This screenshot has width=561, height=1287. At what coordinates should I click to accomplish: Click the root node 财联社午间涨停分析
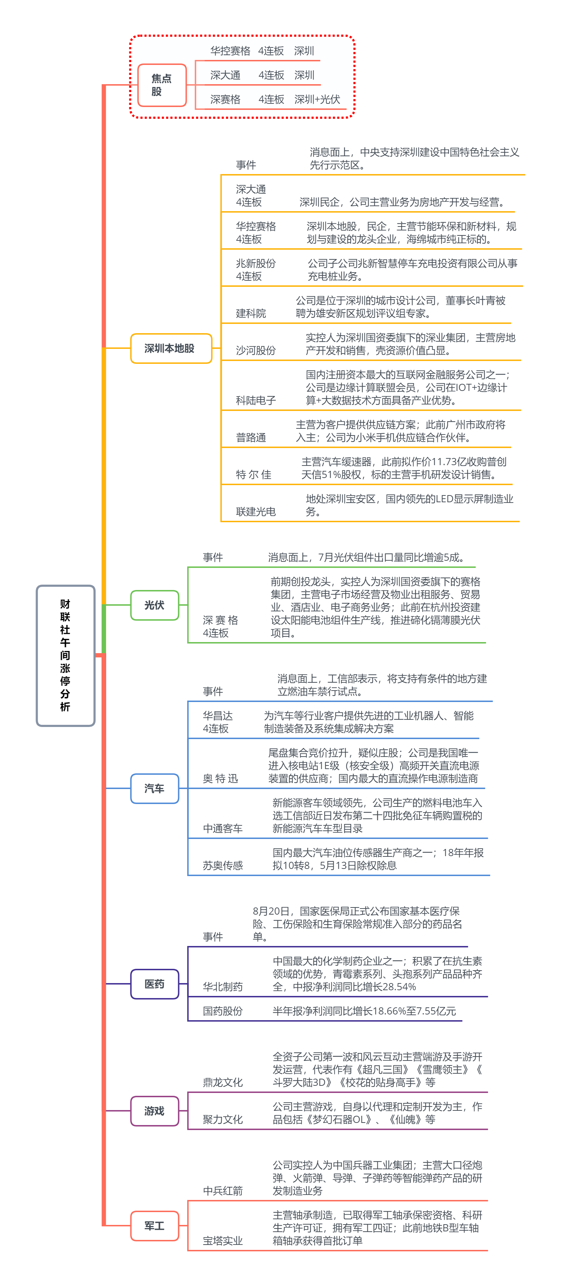point(65,655)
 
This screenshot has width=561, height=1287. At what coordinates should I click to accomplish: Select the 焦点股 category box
point(162,85)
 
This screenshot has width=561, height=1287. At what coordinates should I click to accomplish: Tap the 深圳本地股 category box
point(171,348)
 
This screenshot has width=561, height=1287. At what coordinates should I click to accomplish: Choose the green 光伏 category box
point(155,605)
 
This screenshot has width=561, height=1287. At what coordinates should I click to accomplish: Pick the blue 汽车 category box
point(155,788)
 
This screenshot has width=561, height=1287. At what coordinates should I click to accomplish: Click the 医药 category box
point(155,984)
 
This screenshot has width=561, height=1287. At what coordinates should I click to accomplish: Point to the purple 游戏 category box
point(155,1111)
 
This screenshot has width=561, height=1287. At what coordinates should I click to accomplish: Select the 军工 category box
point(155,1226)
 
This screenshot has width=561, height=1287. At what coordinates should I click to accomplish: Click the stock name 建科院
point(251,313)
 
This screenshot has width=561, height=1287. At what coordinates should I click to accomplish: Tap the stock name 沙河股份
point(256,350)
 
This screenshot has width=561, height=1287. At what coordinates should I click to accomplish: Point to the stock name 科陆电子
point(256,400)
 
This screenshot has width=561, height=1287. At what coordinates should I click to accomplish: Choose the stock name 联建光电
point(256,512)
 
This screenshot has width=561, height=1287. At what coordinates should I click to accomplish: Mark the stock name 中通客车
point(223,828)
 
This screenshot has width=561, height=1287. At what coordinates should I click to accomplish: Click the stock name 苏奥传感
point(223,865)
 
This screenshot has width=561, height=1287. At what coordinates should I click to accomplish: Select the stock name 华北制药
point(223,987)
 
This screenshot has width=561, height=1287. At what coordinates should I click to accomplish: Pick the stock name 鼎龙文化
point(223,1082)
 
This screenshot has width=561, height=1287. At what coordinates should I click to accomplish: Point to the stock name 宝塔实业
point(223,1241)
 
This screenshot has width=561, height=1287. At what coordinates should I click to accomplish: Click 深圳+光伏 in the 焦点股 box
point(317,100)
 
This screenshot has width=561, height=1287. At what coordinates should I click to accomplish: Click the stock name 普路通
point(251,438)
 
